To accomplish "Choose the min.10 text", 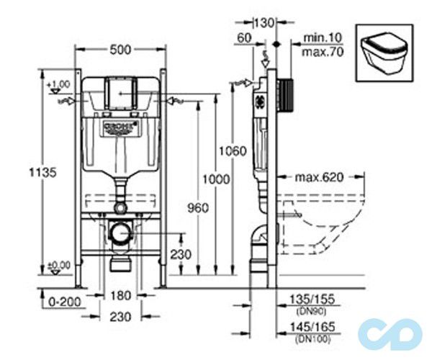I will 318,36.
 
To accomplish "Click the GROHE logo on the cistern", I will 120,129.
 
